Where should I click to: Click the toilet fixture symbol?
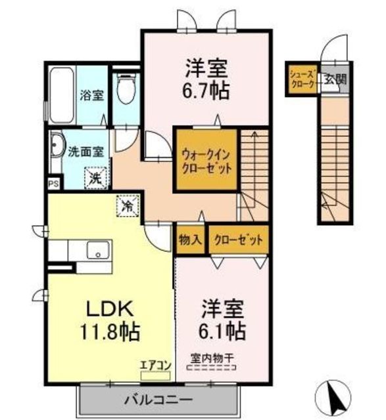tap(126, 88)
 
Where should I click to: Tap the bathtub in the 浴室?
tap(62, 95)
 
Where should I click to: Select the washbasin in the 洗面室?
tap(57, 144)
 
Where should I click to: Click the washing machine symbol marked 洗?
tap(95, 178)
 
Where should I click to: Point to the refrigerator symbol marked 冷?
tap(128, 205)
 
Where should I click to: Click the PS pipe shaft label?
tap(54, 184)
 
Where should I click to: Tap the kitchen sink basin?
tap(98, 250)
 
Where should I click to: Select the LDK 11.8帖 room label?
tap(110, 320)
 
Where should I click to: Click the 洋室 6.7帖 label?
tap(206, 80)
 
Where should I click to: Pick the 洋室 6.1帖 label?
tap(222, 320)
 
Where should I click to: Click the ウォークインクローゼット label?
tap(206, 162)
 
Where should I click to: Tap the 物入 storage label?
tap(190, 240)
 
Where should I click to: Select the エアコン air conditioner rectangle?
tap(155, 376)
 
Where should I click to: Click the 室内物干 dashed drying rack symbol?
tap(212, 367)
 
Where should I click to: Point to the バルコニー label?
tap(158, 400)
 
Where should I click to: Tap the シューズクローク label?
tap(303, 79)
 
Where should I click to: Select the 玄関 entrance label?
tap(335, 79)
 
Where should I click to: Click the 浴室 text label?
tap(92, 95)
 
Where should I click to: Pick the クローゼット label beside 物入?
tap(239, 240)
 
